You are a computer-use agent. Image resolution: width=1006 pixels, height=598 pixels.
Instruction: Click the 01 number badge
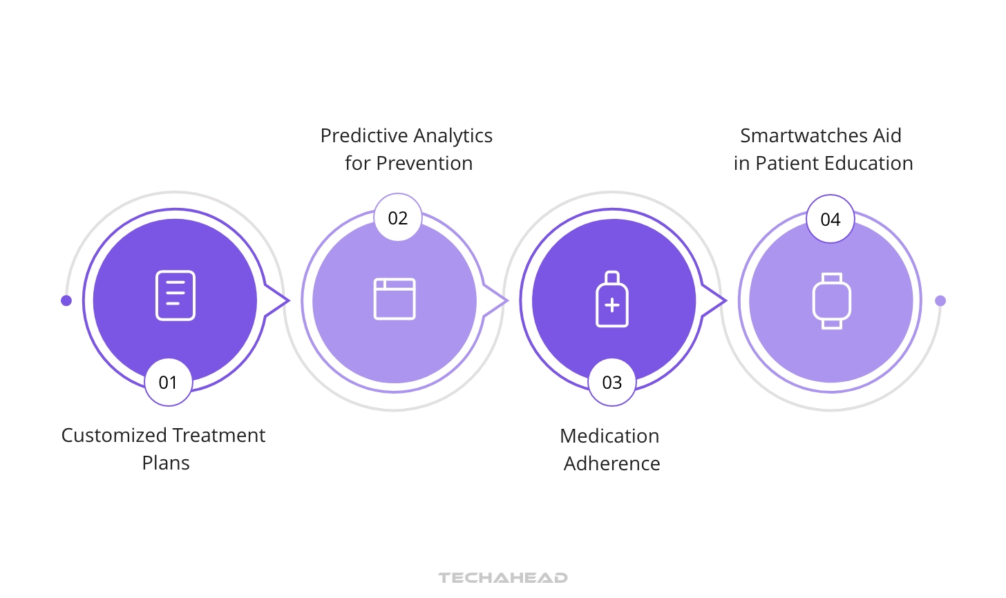(169, 383)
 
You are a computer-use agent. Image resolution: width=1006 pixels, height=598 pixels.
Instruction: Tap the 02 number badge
(398, 218)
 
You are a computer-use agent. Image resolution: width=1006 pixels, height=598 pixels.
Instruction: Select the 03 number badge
(612, 383)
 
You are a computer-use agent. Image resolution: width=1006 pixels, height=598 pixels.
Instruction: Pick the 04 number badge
(831, 220)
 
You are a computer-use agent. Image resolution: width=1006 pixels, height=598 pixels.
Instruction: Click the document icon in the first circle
(175, 296)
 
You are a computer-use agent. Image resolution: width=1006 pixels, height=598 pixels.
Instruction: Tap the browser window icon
(395, 299)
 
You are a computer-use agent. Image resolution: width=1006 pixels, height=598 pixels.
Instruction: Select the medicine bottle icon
(612, 299)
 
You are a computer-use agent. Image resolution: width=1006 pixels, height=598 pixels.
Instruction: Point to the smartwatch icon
(831, 300)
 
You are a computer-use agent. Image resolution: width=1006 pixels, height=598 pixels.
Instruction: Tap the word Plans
(166, 463)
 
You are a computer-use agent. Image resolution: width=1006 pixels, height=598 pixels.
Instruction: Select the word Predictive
(363, 136)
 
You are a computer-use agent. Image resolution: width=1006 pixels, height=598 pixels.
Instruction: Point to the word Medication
(609, 436)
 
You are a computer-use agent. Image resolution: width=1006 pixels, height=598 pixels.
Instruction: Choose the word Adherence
(612, 464)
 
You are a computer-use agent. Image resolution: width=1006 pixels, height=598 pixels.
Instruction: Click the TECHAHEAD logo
(503, 578)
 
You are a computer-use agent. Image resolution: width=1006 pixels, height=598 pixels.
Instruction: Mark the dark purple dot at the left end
(66, 300)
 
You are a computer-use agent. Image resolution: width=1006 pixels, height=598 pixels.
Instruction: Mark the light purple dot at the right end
(940, 300)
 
